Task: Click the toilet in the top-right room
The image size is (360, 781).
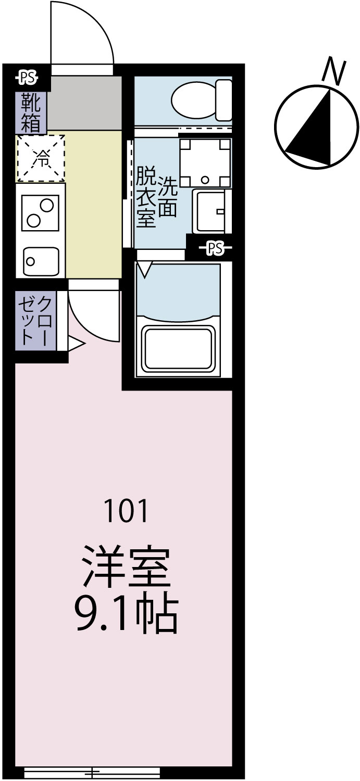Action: (201, 100)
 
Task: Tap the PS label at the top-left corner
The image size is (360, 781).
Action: (27, 78)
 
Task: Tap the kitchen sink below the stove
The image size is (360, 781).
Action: (41, 260)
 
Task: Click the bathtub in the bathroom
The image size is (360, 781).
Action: (179, 348)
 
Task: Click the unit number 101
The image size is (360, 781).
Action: (127, 511)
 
